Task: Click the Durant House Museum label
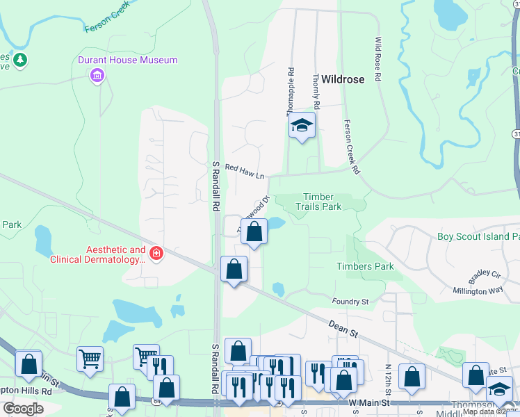pyautogui.click(x=127, y=60)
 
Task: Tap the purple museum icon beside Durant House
pyautogui.click(x=97, y=75)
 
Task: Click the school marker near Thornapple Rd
pyautogui.click(x=302, y=125)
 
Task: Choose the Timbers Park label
pyautogui.click(x=365, y=266)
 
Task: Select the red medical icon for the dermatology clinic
pyautogui.click(x=156, y=253)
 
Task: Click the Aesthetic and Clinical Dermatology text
pyautogui.click(x=97, y=254)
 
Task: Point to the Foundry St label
pyautogui.click(x=350, y=302)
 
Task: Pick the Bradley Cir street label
pyautogui.click(x=484, y=277)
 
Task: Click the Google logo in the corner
pyautogui.click(x=23, y=409)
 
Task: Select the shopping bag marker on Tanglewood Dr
pyautogui.click(x=254, y=232)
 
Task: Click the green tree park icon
pyautogui.click(x=21, y=60)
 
